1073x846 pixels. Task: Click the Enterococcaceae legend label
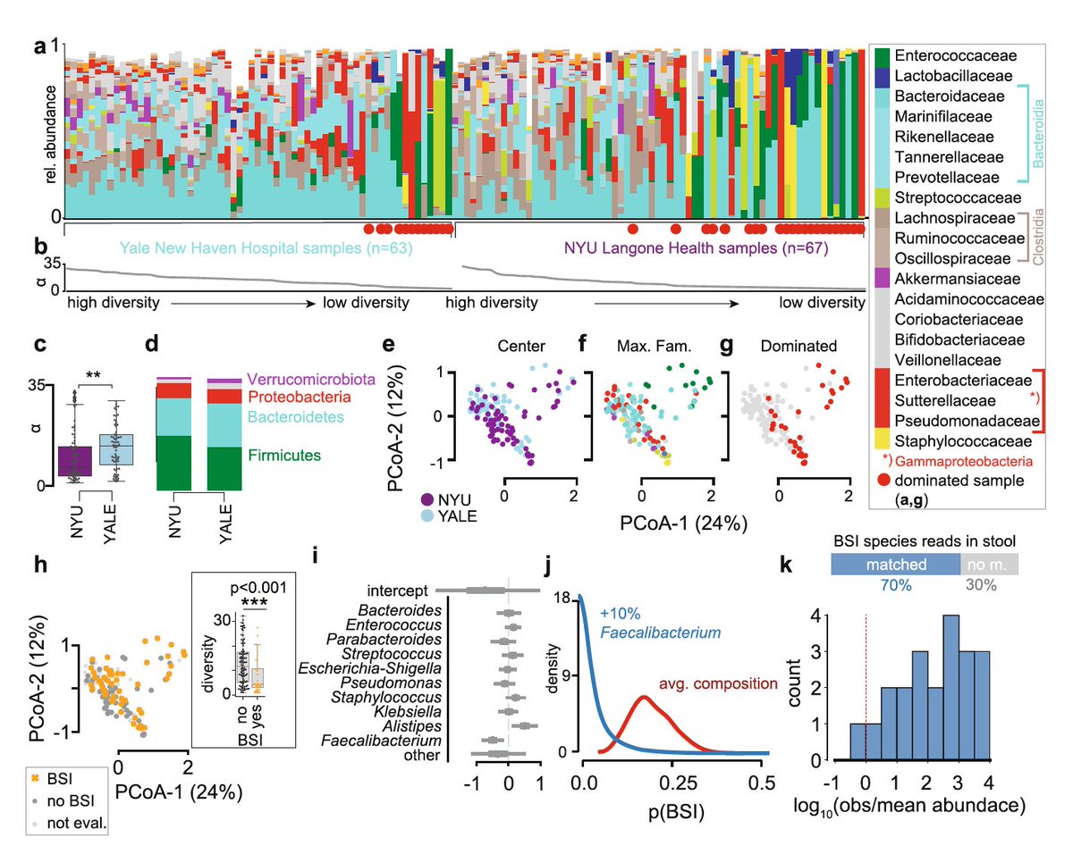click(x=950, y=54)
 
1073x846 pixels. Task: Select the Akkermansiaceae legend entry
click(x=950, y=279)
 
